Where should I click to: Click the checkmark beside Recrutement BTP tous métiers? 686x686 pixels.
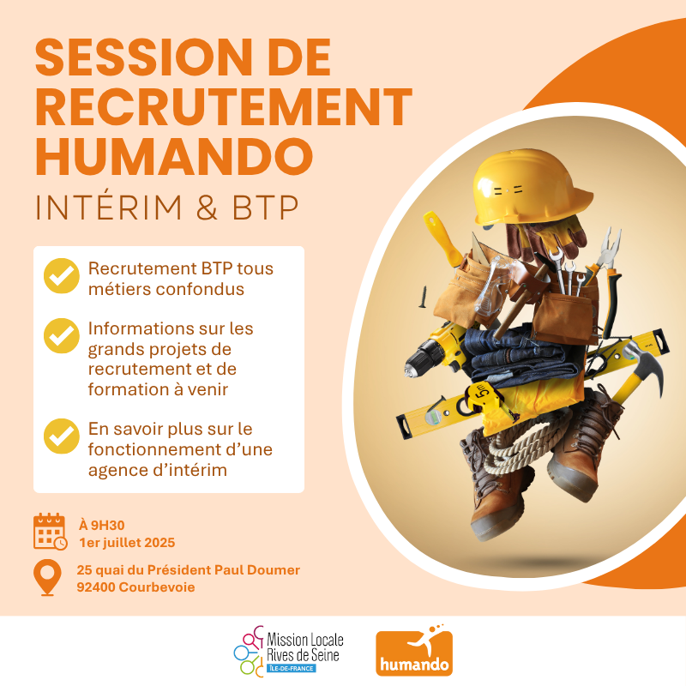pos(60,277)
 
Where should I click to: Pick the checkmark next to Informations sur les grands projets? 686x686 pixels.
pos(60,336)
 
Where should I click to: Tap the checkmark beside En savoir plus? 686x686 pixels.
pos(60,435)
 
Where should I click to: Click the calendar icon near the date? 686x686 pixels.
pos(50,532)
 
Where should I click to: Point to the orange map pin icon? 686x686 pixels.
pos(47,577)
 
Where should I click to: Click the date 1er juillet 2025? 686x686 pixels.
pos(126,542)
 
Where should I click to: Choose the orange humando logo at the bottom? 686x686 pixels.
pos(414,653)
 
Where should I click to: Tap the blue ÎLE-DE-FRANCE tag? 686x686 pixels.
pos(291,668)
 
